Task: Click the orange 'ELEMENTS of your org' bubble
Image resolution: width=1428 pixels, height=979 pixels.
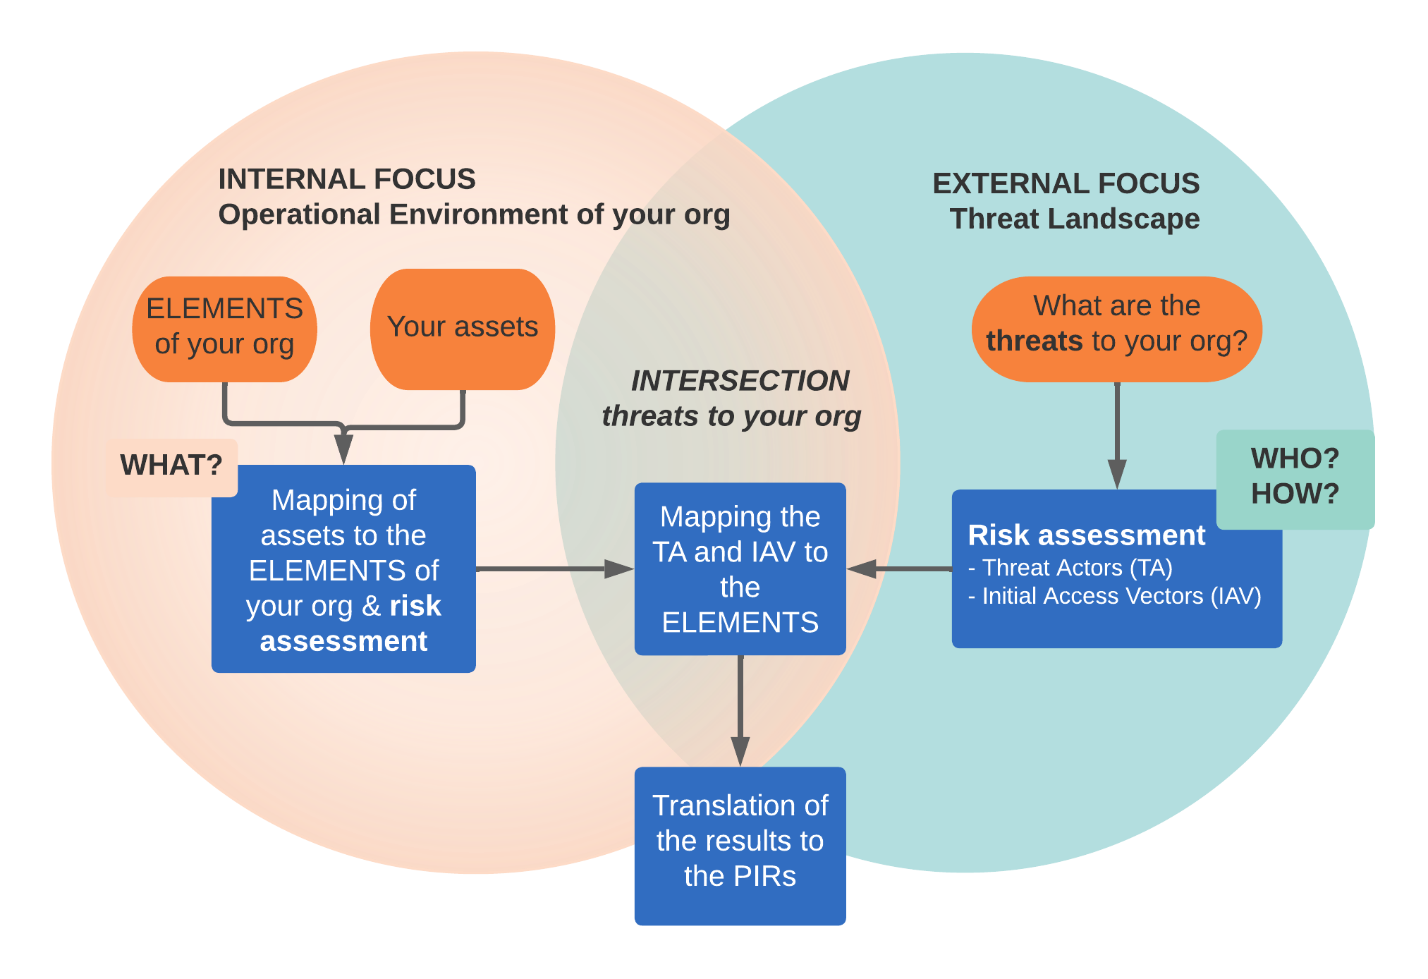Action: click(224, 329)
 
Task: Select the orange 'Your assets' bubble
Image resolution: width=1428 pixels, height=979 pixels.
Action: click(463, 329)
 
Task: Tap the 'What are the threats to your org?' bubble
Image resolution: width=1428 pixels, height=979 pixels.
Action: click(1117, 329)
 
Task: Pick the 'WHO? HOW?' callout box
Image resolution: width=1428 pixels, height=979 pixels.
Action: click(1295, 479)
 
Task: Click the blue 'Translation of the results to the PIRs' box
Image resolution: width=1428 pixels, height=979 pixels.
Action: click(740, 846)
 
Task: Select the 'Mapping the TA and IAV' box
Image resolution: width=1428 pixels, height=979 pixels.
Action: click(740, 568)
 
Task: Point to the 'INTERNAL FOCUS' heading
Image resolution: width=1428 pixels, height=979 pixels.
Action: click(347, 179)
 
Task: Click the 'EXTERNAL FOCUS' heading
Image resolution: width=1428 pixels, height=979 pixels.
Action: click(1066, 183)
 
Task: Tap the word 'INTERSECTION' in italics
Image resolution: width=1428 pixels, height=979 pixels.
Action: click(740, 381)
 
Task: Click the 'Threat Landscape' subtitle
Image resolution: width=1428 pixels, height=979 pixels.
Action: click(1075, 219)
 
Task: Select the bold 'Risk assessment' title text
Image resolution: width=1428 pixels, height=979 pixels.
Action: click(1087, 535)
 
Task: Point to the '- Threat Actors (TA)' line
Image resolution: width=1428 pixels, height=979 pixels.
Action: click(1070, 568)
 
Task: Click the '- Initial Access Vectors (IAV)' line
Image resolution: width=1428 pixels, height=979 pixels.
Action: click(1115, 596)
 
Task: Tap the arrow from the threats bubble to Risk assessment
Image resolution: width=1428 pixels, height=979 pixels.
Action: click(1117, 435)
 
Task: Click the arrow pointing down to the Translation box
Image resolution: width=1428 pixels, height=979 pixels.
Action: click(740, 711)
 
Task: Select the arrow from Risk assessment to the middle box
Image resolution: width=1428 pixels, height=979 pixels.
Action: click(899, 568)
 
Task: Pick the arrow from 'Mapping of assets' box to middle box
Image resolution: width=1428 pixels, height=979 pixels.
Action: click(555, 568)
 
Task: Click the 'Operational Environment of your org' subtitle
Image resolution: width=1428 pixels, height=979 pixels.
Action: click(474, 215)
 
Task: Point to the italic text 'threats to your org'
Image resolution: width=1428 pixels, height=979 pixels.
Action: click(731, 416)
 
